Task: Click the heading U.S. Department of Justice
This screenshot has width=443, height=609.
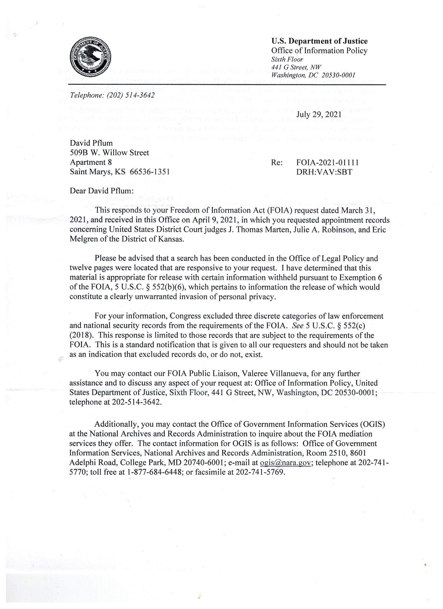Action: click(x=319, y=41)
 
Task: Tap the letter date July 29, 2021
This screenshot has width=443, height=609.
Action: click(x=319, y=114)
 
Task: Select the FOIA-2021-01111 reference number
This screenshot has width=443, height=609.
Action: click(x=328, y=163)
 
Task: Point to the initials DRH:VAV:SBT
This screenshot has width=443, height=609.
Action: click(x=324, y=172)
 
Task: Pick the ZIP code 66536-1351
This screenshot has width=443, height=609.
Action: click(x=150, y=172)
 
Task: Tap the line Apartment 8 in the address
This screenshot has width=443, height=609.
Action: click(x=91, y=163)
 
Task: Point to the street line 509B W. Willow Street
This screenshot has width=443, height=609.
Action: click(x=109, y=153)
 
